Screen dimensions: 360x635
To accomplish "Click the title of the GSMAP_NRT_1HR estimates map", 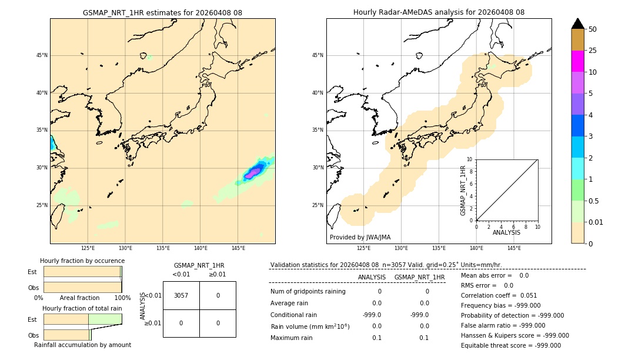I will click(x=162, y=12).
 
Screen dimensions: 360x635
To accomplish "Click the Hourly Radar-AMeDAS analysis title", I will click(x=439, y=12).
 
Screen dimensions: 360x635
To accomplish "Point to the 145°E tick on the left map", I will click(x=238, y=248).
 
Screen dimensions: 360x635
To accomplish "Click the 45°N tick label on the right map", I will click(x=317, y=55).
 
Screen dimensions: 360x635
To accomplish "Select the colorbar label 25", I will click(x=593, y=51).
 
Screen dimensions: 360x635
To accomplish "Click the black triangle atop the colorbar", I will click(x=578, y=24).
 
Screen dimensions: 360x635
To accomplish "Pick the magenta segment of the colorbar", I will click(x=578, y=61).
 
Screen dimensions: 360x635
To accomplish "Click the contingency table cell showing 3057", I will click(x=181, y=295).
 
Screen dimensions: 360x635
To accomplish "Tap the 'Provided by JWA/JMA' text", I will click(x=360, y=237).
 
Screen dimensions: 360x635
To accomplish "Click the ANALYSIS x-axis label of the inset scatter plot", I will click(x=506, y=233).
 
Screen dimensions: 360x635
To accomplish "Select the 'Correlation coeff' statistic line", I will click(x=499, y=295).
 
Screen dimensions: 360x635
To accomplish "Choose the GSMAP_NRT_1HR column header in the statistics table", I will click(x=419, y=277).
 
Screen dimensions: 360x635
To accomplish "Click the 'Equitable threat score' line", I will click(x=510, y=345).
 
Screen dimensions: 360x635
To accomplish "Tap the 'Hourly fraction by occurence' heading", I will click(x=82, y=261).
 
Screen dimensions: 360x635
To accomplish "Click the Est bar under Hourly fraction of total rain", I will click(x=82, y=319).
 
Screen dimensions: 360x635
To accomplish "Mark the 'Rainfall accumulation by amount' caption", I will click(x=82, y=345).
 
